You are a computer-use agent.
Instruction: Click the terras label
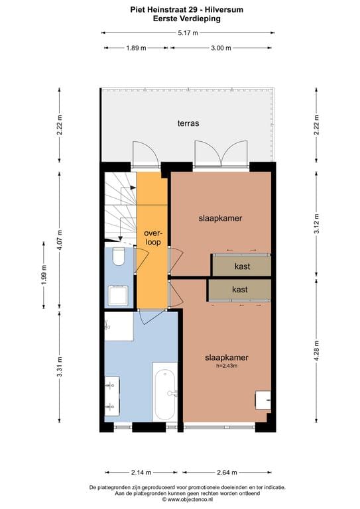tap(188, 123)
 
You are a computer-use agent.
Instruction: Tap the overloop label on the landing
tap(153, 238)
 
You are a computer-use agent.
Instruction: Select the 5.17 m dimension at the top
tap(188, 32)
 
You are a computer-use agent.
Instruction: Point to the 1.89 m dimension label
tap(136, 48)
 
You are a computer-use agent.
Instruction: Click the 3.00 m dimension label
tap(221, 48)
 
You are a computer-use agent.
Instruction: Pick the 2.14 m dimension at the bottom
tap(141, 473)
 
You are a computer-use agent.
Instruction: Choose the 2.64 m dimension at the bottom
tap(227, 473)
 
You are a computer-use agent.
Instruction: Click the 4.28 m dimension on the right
tap(317, 350)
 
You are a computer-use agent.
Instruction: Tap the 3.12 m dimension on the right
tap(317, 223)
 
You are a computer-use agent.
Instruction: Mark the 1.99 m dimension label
tap(44, 274)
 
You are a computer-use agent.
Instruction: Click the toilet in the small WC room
tap(119, 256)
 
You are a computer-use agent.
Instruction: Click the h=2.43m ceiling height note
tap(227, 366)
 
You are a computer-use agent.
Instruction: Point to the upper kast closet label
tap(242, 266)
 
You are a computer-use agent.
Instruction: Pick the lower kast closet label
tap(240, 289)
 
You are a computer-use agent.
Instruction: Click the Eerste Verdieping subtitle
tap(187, 19)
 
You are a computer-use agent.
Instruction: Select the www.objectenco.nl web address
tap(190, 499)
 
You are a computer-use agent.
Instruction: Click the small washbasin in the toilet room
tap(118, 295)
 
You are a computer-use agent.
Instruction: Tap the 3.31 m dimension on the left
tap(60, 367)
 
